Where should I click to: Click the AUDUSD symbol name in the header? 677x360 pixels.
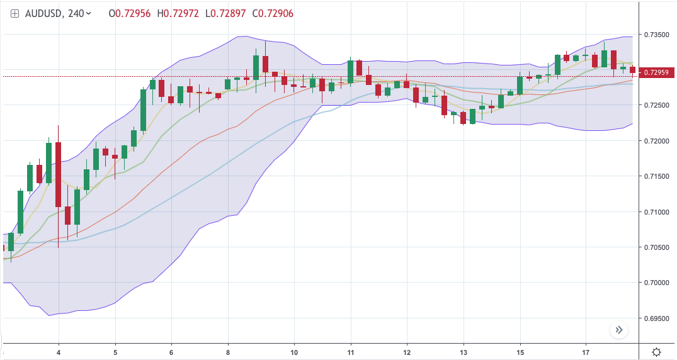[x=42, y=13]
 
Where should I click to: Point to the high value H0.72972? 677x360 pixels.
[x=179, y=13]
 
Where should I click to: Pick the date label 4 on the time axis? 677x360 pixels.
[x=59, y=352]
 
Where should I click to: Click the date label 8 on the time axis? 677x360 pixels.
[x=228, y=352]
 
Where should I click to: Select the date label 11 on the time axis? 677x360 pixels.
[x=350, y=352]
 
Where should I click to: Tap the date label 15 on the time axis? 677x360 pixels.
[x=520, y=352]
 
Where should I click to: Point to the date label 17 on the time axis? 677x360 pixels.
[x=586, y=352]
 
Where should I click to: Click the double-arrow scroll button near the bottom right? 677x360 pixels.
[x=619, y=329]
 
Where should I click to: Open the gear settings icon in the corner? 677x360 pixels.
[x=657, y=352]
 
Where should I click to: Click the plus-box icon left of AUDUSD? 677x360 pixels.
[x=14, y=13]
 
